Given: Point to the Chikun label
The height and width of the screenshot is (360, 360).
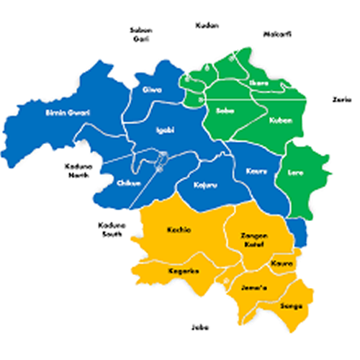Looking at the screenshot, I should click(128, 183).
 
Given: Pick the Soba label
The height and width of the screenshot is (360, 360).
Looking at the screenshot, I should click(223, 111).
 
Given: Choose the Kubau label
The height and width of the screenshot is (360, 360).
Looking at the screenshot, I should click(280, 120).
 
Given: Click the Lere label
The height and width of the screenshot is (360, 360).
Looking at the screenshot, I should click(296, 172).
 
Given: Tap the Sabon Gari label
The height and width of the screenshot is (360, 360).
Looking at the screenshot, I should click(139, 34).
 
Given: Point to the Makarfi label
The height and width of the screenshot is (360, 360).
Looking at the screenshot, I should click(276, 34).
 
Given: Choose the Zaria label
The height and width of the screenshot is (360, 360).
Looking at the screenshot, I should click(340, 99).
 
